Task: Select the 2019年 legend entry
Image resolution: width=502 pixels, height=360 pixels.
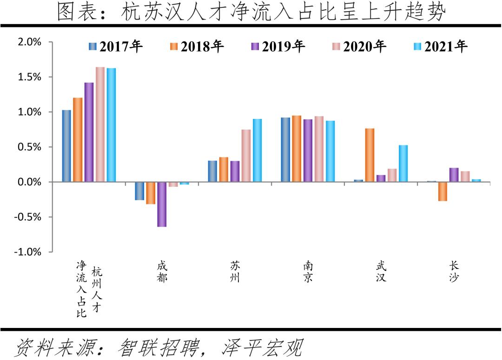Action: click(x=278, y=46)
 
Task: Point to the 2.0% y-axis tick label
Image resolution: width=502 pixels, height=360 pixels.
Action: click(x=29, y=42)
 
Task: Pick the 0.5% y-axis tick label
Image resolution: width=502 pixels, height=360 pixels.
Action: click(x=29, y=147)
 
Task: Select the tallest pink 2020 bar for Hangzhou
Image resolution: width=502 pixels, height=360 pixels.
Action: click(x=100, y=124)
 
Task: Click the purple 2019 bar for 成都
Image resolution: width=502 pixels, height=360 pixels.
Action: click(x=162, y=204)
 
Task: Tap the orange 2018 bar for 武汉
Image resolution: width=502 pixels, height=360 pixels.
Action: click(x=370, y=155)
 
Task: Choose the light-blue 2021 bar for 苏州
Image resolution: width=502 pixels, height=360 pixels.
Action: click(x=257, y=150)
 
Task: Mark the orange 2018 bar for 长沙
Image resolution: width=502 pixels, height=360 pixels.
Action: click(x=443, y=191)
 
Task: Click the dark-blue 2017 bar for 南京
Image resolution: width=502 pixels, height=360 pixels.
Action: click(x=285, y=150)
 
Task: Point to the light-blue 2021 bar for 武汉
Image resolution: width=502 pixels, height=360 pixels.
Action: click(x=403, y=163)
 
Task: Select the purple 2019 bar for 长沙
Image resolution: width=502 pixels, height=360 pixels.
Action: click(x=454, y=175)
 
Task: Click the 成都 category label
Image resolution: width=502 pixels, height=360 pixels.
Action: click(x=162, y=272)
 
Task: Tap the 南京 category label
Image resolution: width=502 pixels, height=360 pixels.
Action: click(x=308, y=272)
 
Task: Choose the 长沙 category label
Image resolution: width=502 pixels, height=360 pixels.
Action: click(x=454, y=272)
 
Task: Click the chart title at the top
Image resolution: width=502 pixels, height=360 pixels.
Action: click(x=251, y=12)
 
